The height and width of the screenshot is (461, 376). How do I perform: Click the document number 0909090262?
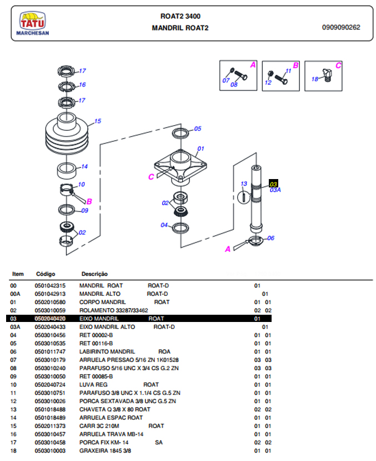[340, 27]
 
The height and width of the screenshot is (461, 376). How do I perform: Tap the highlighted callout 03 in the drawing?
[273, 184]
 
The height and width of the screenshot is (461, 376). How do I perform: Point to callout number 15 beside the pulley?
[98, 121]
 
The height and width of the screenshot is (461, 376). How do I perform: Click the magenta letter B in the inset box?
[295, 65]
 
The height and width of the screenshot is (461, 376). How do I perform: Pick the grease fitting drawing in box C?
[325, 73]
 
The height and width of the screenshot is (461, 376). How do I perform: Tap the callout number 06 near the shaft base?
[271, 238]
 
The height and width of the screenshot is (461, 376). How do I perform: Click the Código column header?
[46, 274]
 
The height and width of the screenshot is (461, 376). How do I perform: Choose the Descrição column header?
[94, 274]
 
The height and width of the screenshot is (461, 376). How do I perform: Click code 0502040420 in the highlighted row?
[50, 319]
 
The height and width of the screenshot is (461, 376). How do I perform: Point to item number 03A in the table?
[16, 327]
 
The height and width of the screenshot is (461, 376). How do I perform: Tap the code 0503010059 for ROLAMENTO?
[50, 310]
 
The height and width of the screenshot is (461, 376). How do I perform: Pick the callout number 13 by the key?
[243, 184]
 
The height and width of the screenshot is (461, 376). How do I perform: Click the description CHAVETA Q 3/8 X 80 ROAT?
[114, 409]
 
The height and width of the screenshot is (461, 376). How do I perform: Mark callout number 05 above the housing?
[197, 129]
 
